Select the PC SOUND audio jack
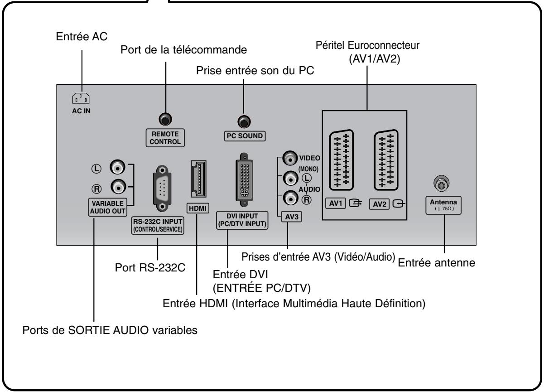tap(244, 121)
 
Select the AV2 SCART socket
tap(387, 160)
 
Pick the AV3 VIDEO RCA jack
tap(289, 158)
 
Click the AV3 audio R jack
tap(289, 197)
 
